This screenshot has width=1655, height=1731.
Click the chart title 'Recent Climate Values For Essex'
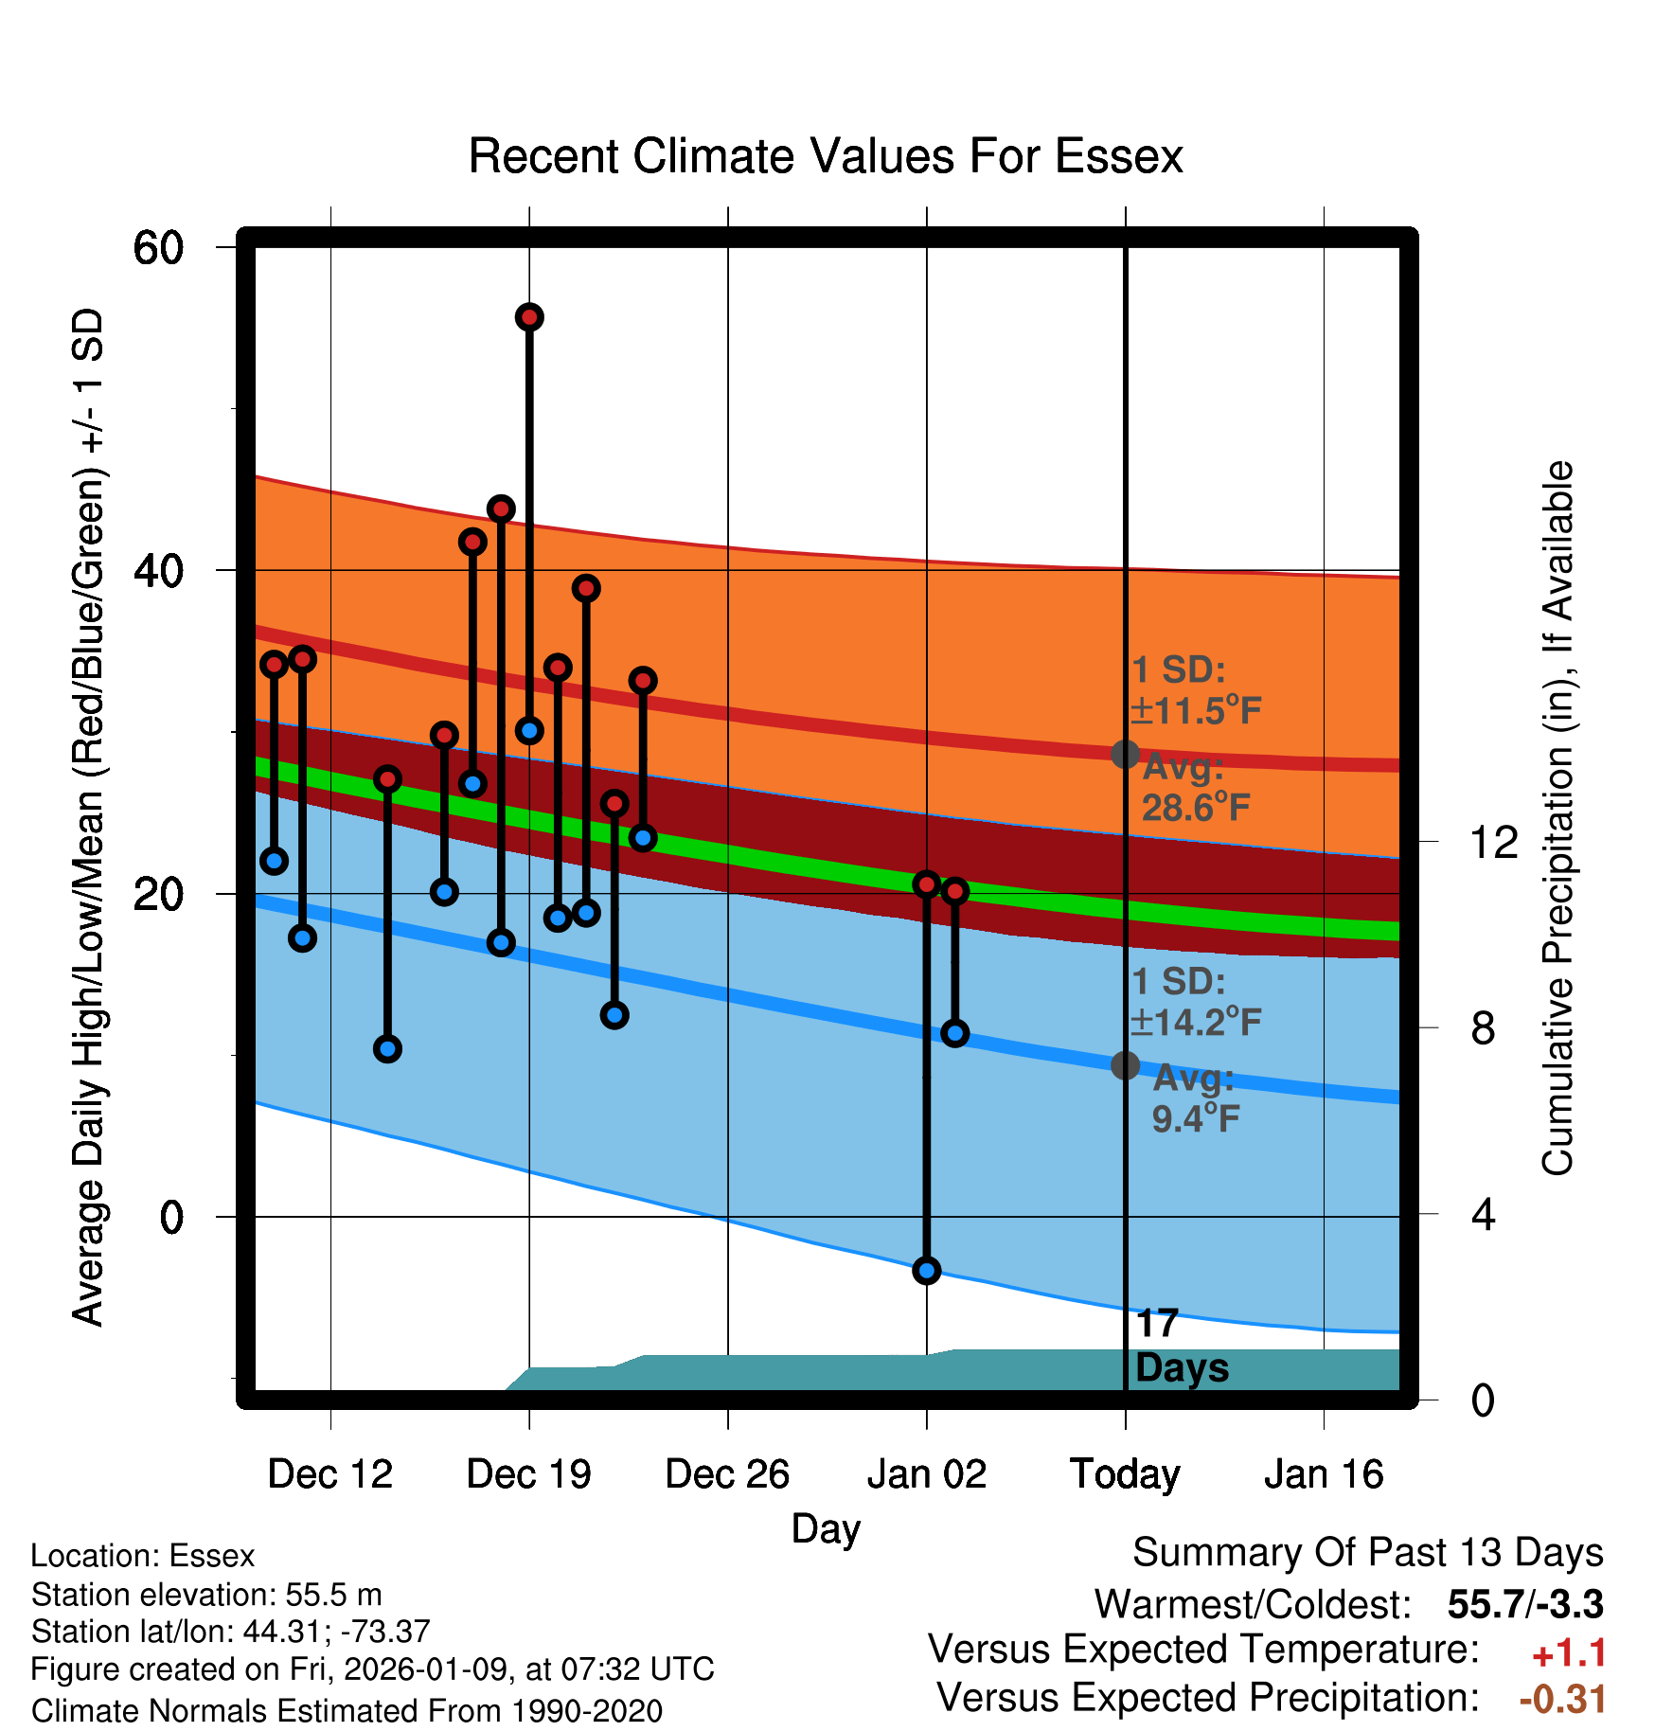pos(826,156)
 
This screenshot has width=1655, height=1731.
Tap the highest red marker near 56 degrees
pos(529,317)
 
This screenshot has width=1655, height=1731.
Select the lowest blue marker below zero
pos(927,1271)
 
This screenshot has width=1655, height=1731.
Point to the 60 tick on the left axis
pos(158,248)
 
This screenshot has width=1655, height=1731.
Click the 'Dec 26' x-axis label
pos(727,1474)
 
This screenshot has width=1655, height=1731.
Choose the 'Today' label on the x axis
pos(1125,1474)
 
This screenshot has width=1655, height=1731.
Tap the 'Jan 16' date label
pos(1324,1474)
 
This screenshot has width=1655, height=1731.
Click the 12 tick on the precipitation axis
pos(1494,842)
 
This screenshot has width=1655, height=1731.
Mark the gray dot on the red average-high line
pos(1125,755)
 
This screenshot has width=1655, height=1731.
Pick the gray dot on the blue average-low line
pos(1125,1065)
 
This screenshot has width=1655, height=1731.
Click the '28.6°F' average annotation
pos(1196,808)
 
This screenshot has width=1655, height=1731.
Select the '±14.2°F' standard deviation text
pos(1196,1023)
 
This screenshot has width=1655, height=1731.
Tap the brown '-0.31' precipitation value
pos(1562,1699)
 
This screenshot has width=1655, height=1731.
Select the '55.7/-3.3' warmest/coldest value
pos(1525,1604)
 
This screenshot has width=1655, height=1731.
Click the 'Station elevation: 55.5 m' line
pos(206,1595)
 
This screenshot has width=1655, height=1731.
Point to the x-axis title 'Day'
pos(826,1528)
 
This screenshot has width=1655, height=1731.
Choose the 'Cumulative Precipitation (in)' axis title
pos(1557,818)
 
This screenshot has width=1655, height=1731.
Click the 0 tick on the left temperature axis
pos(171,1217)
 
